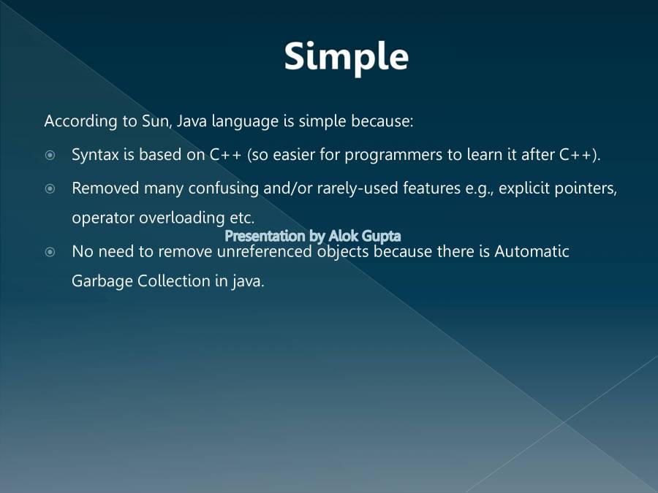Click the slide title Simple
(x=347, y=58)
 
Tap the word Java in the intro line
(x=192, y=121)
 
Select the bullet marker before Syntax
(x=50, y=156)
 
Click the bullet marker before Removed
(x=50, y=189)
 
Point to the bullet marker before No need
(x=50, y=252)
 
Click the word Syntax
(x=95, y=155)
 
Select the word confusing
(x=223, y=188)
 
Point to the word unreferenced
(x=265, y=251)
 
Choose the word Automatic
(x=532, y=251)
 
